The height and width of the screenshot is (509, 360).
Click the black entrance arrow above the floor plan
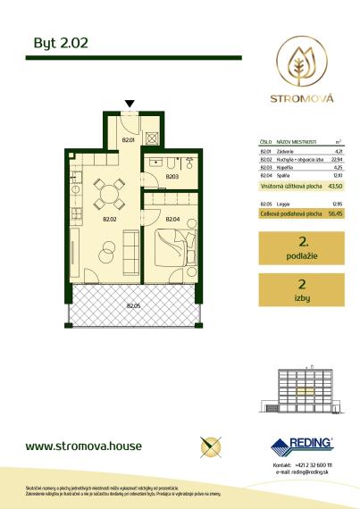pyautogui.click(x=131, y=104)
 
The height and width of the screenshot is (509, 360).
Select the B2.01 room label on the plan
pyautogui.click(x=127, y=139)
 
